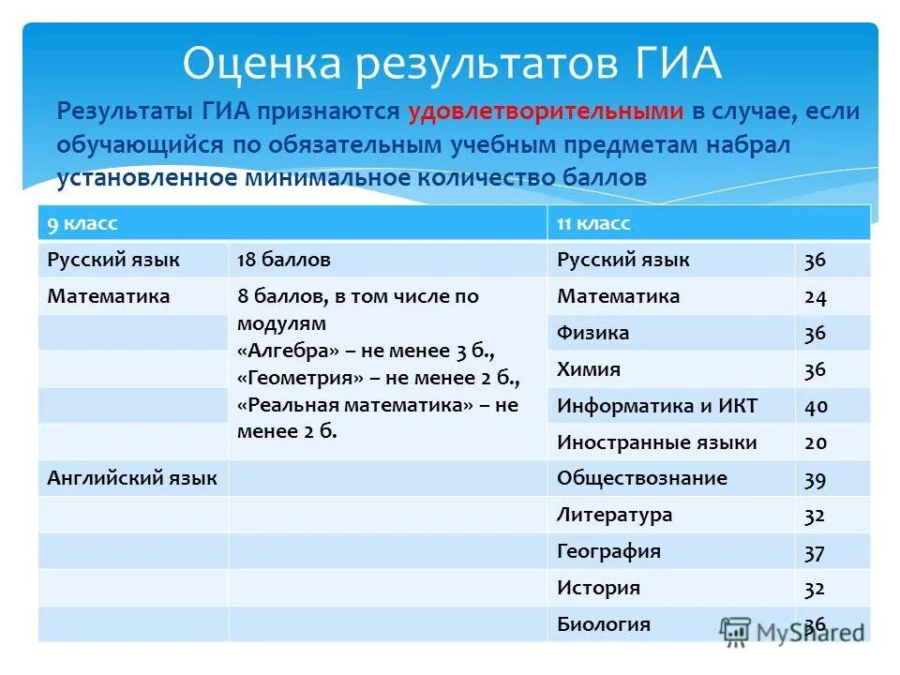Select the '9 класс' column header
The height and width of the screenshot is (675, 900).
pyautogui.click(x=83, y=223)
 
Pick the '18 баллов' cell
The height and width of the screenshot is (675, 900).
pyautogui.click(x=284, y=260)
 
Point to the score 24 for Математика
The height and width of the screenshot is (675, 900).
pyautogui.click(x=815, y=297)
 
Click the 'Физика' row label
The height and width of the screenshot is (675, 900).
pyautogui.click(x=592, y=333)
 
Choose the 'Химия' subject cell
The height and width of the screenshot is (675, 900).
pyautogui.click(x=589, y=369)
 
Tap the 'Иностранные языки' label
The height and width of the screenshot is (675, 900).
pyautogui.click(x=656, y=442)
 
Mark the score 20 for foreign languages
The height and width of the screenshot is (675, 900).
pyautogui.click(x=815, y=442)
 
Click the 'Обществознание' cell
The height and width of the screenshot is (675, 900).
pyautogui.click(x=641, y=478)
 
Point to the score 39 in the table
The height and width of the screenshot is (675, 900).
pyautogui.click(x=815, y=479)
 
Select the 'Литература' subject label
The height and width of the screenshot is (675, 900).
pyautogui.click(x=614, y=515)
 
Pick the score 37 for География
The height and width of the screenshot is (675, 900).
pyautogui.click(x=815, y=552)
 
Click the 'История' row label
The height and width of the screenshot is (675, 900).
pyautogui.click(x=598, y=588)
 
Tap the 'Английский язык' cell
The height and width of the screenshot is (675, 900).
pyautogui.click(x=132, y=478)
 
